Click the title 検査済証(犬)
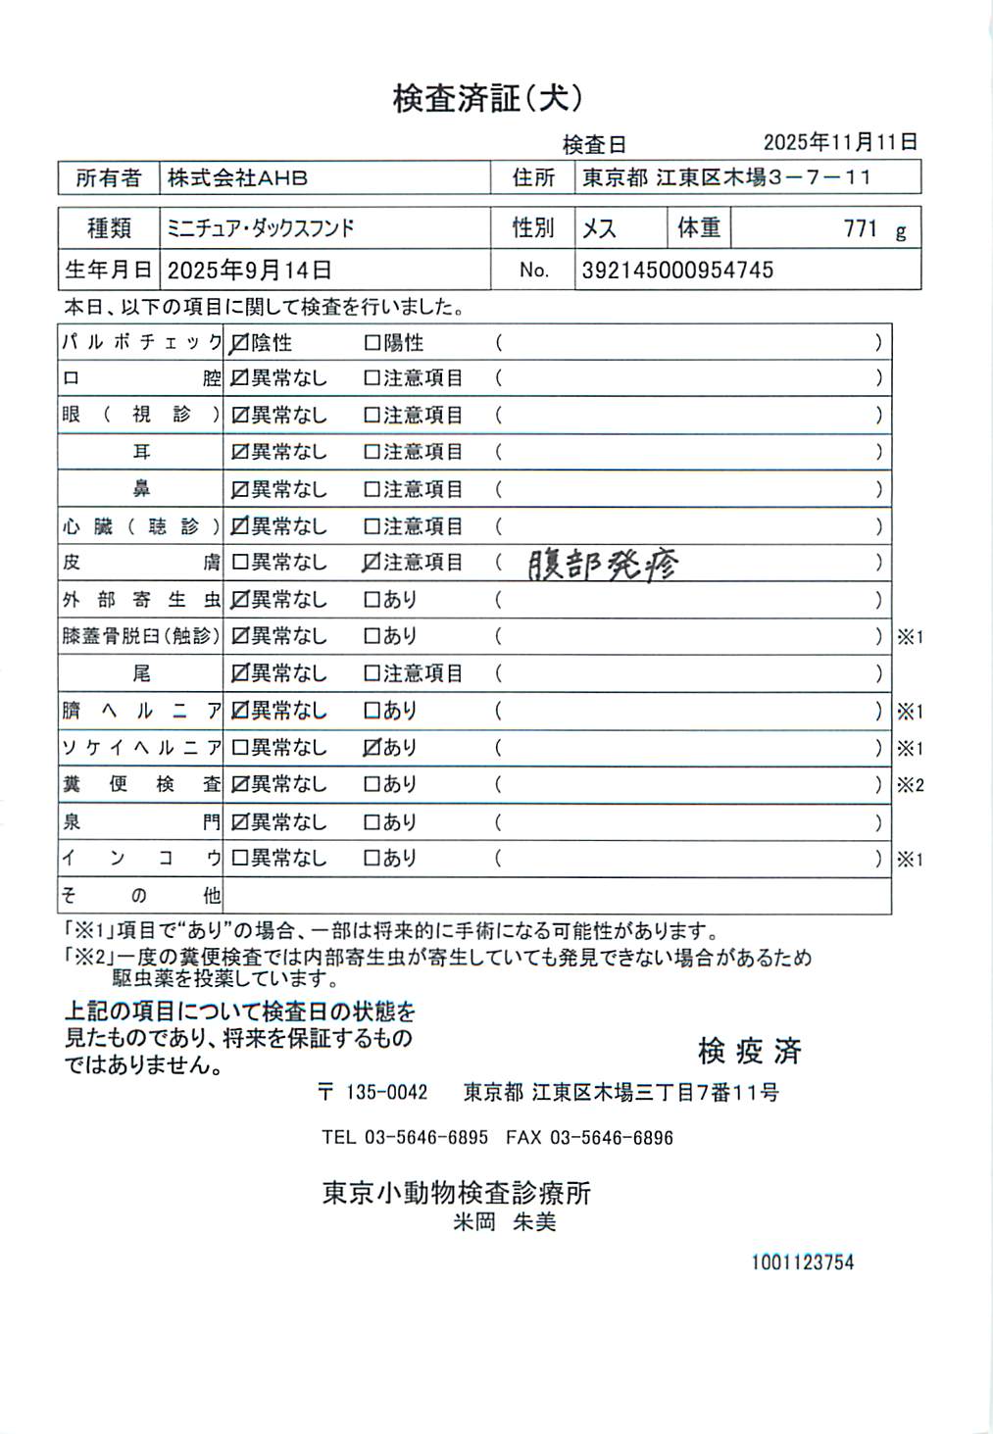pyautogui.click(x=487, y=98)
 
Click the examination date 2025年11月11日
pyautogui.click(x=840, y=142)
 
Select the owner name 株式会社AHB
pyautogui.click(x=237, y=178)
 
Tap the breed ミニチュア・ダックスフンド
pyautogui.click(x=261, y=228)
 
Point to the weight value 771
pyautogui.click(x=860, y=228)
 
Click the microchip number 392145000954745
pyautogui.click(x=677, y=271)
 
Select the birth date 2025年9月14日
pyautogui.click(x=250, y=271)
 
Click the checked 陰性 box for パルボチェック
pyautogui.click(x=239, y=343)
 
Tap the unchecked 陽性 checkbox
pyautogui.click(x=372, y=343)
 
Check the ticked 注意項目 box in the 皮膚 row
pyautogui.click(x=372, y=563)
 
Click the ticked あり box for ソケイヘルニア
pyautogui.click(x=372, y=747)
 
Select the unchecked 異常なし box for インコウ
pyautogui.click(x=239, y=859)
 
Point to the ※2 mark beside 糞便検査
pyautogui.click(x=910, y=785)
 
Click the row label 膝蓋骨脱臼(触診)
pyautogui.click(x=141, y=636)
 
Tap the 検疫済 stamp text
pyautogui.click(x=750, y=1052)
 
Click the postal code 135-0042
pyautogui.click(x=387, y=1092)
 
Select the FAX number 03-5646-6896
pyautogui.click(x=611, y=1138)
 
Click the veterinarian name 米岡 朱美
pyautogui.click(x=505, y=1222)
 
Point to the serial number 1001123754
pyautogui.click(x=802, y=1262)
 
